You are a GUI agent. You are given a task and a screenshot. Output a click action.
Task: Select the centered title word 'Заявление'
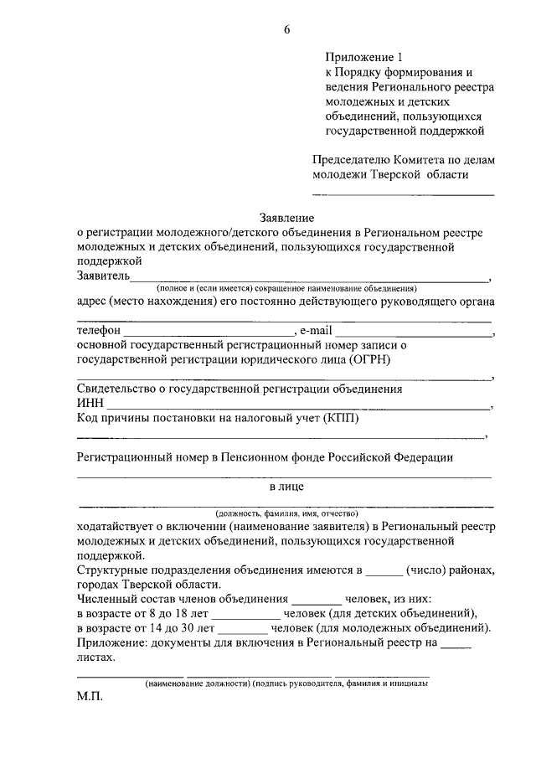[285, 217]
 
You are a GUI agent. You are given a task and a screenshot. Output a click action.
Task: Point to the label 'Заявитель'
[102, 276]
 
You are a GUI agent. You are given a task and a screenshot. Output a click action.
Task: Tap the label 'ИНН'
[89, 403]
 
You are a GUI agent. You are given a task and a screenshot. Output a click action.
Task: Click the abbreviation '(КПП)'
[339, 418]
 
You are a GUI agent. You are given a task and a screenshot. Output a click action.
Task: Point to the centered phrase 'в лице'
[286, 486]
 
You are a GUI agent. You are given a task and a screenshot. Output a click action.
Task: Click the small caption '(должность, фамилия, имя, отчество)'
[286, 513]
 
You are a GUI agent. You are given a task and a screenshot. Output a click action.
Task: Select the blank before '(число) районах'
[384, 572]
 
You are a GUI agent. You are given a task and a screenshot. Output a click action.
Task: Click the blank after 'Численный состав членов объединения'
[317, 601]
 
